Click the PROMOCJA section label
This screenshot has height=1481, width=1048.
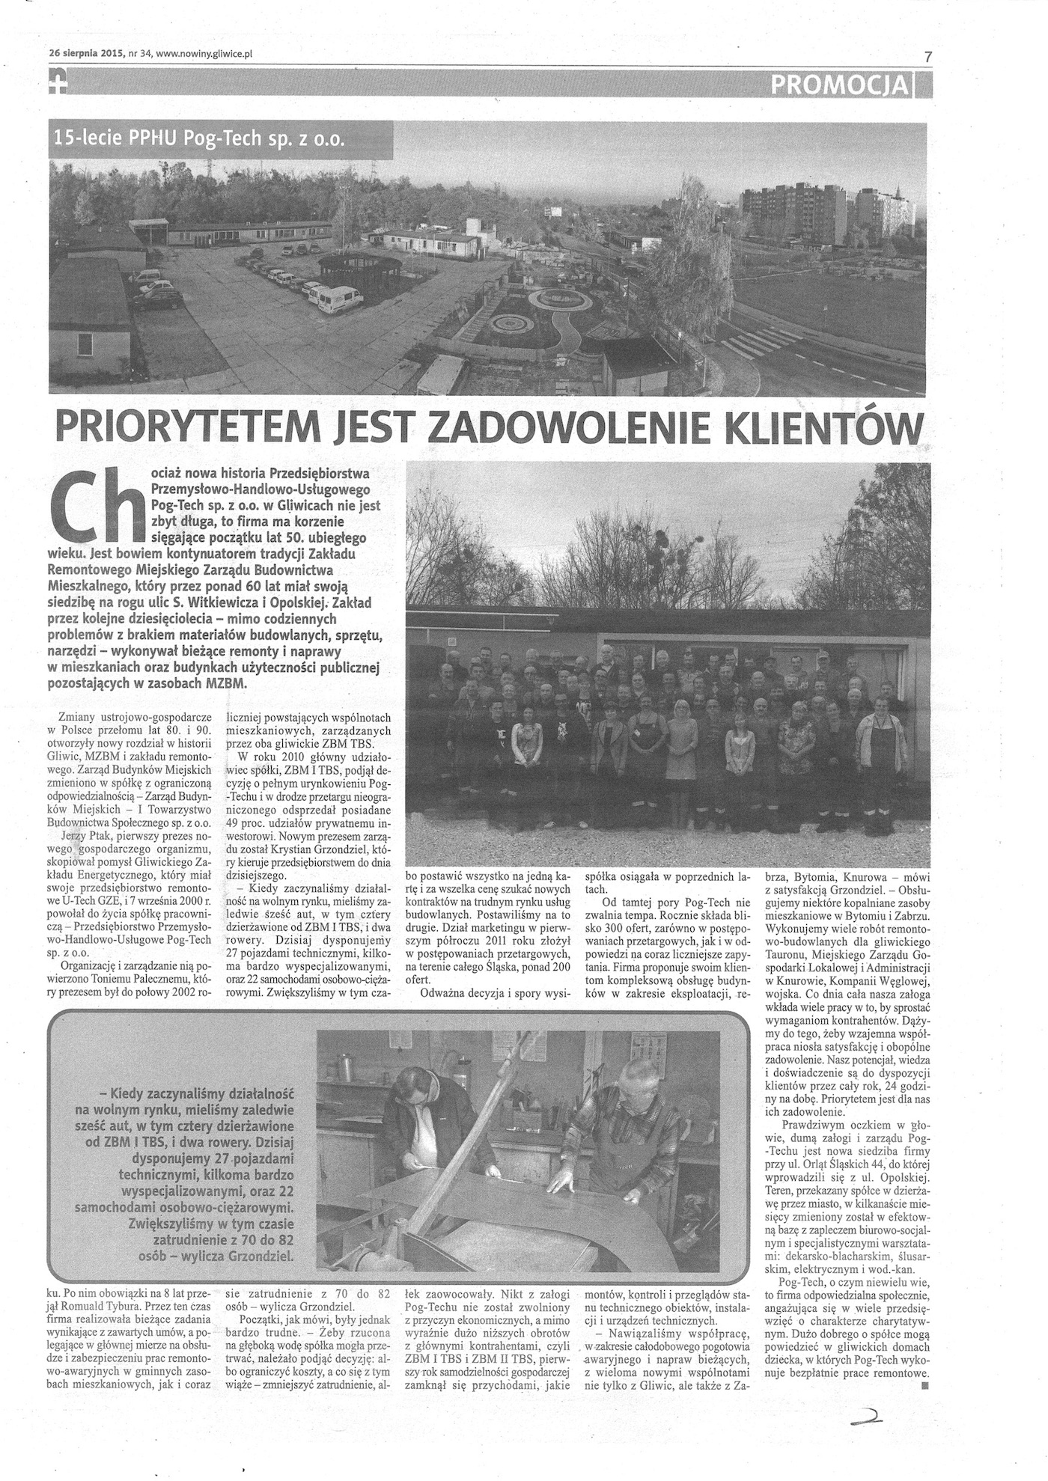point(838,86)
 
